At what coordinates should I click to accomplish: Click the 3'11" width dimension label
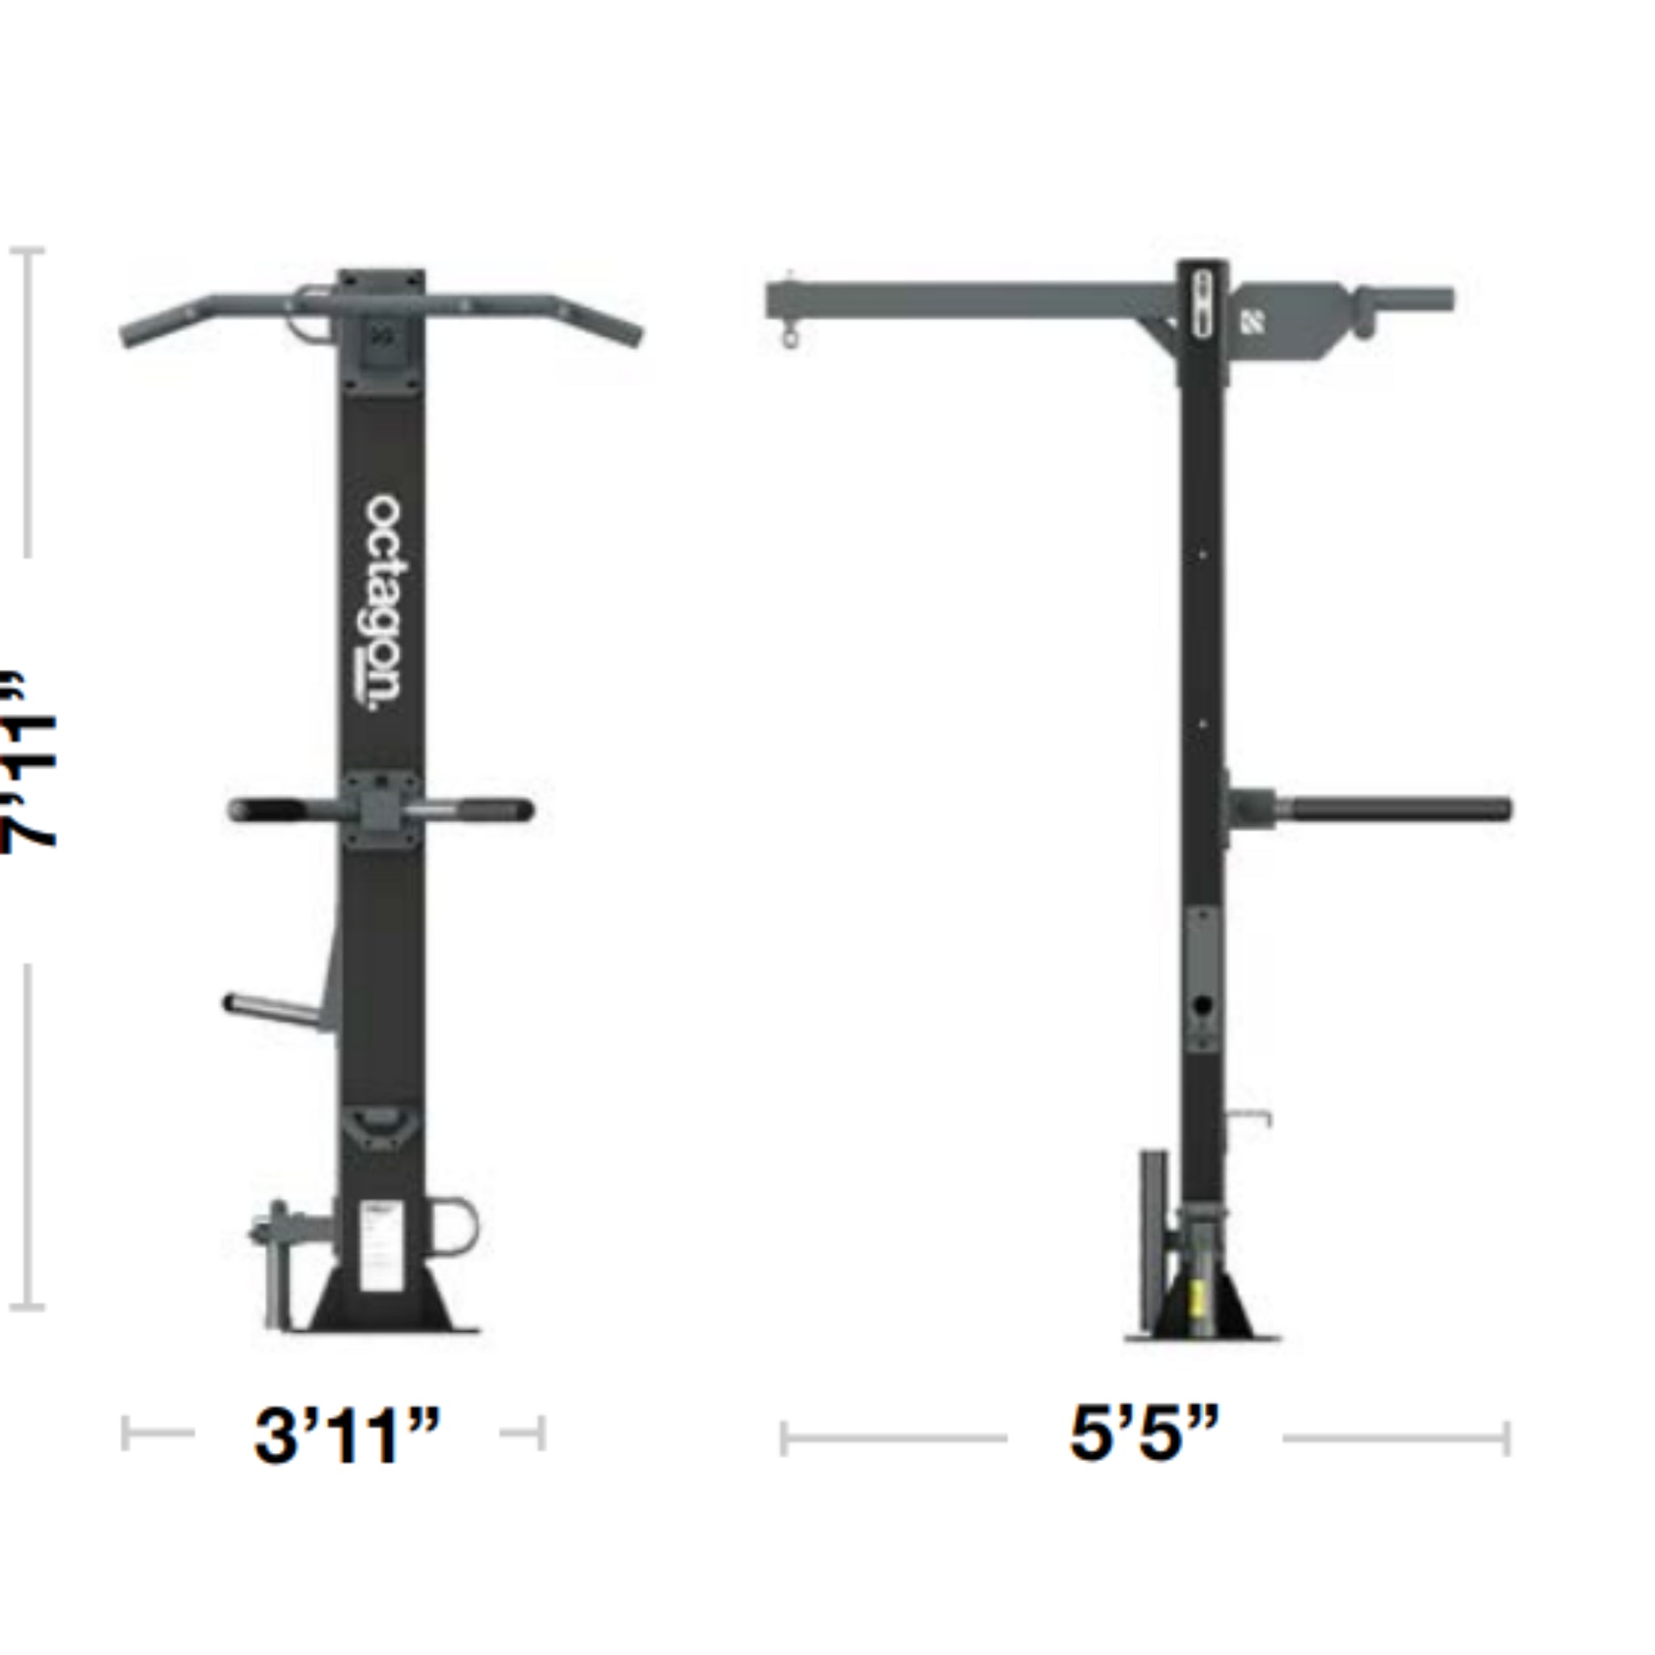click(347, 1434)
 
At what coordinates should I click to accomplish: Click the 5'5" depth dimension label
click(1143, 1432)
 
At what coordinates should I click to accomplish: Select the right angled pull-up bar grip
click(600, 322)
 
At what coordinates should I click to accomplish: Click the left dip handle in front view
click(266, 810)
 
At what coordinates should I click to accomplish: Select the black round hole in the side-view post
click(1203, 1004)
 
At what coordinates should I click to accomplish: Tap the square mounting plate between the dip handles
click(381, 810)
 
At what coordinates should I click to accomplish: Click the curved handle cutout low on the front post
click(381, 1126)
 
